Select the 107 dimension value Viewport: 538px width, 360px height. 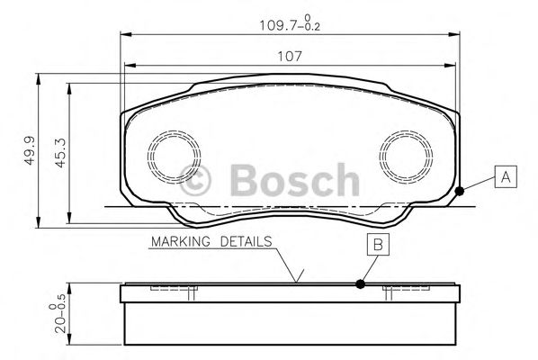tap(289, 55)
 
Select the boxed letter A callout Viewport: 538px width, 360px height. tap(507, 177)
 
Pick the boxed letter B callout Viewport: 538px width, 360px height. tap(379, 244)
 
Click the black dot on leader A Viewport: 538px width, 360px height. tap(460, 190)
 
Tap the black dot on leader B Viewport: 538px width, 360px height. tap(361, 283)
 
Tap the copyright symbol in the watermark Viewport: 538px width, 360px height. tap(199, 181)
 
